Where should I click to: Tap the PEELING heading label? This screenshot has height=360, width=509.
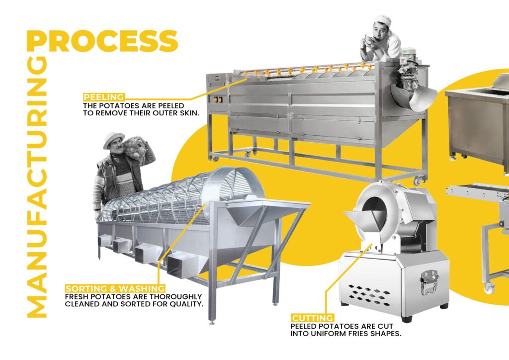(104, 97)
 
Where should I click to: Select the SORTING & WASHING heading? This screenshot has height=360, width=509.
(115, 288)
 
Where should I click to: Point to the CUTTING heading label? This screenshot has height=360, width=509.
(312, 318)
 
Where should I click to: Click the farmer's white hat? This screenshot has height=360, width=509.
(113, 139)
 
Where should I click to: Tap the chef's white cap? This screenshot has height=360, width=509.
(382, 20)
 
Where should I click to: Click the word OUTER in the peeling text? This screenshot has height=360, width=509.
(163, 113)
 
